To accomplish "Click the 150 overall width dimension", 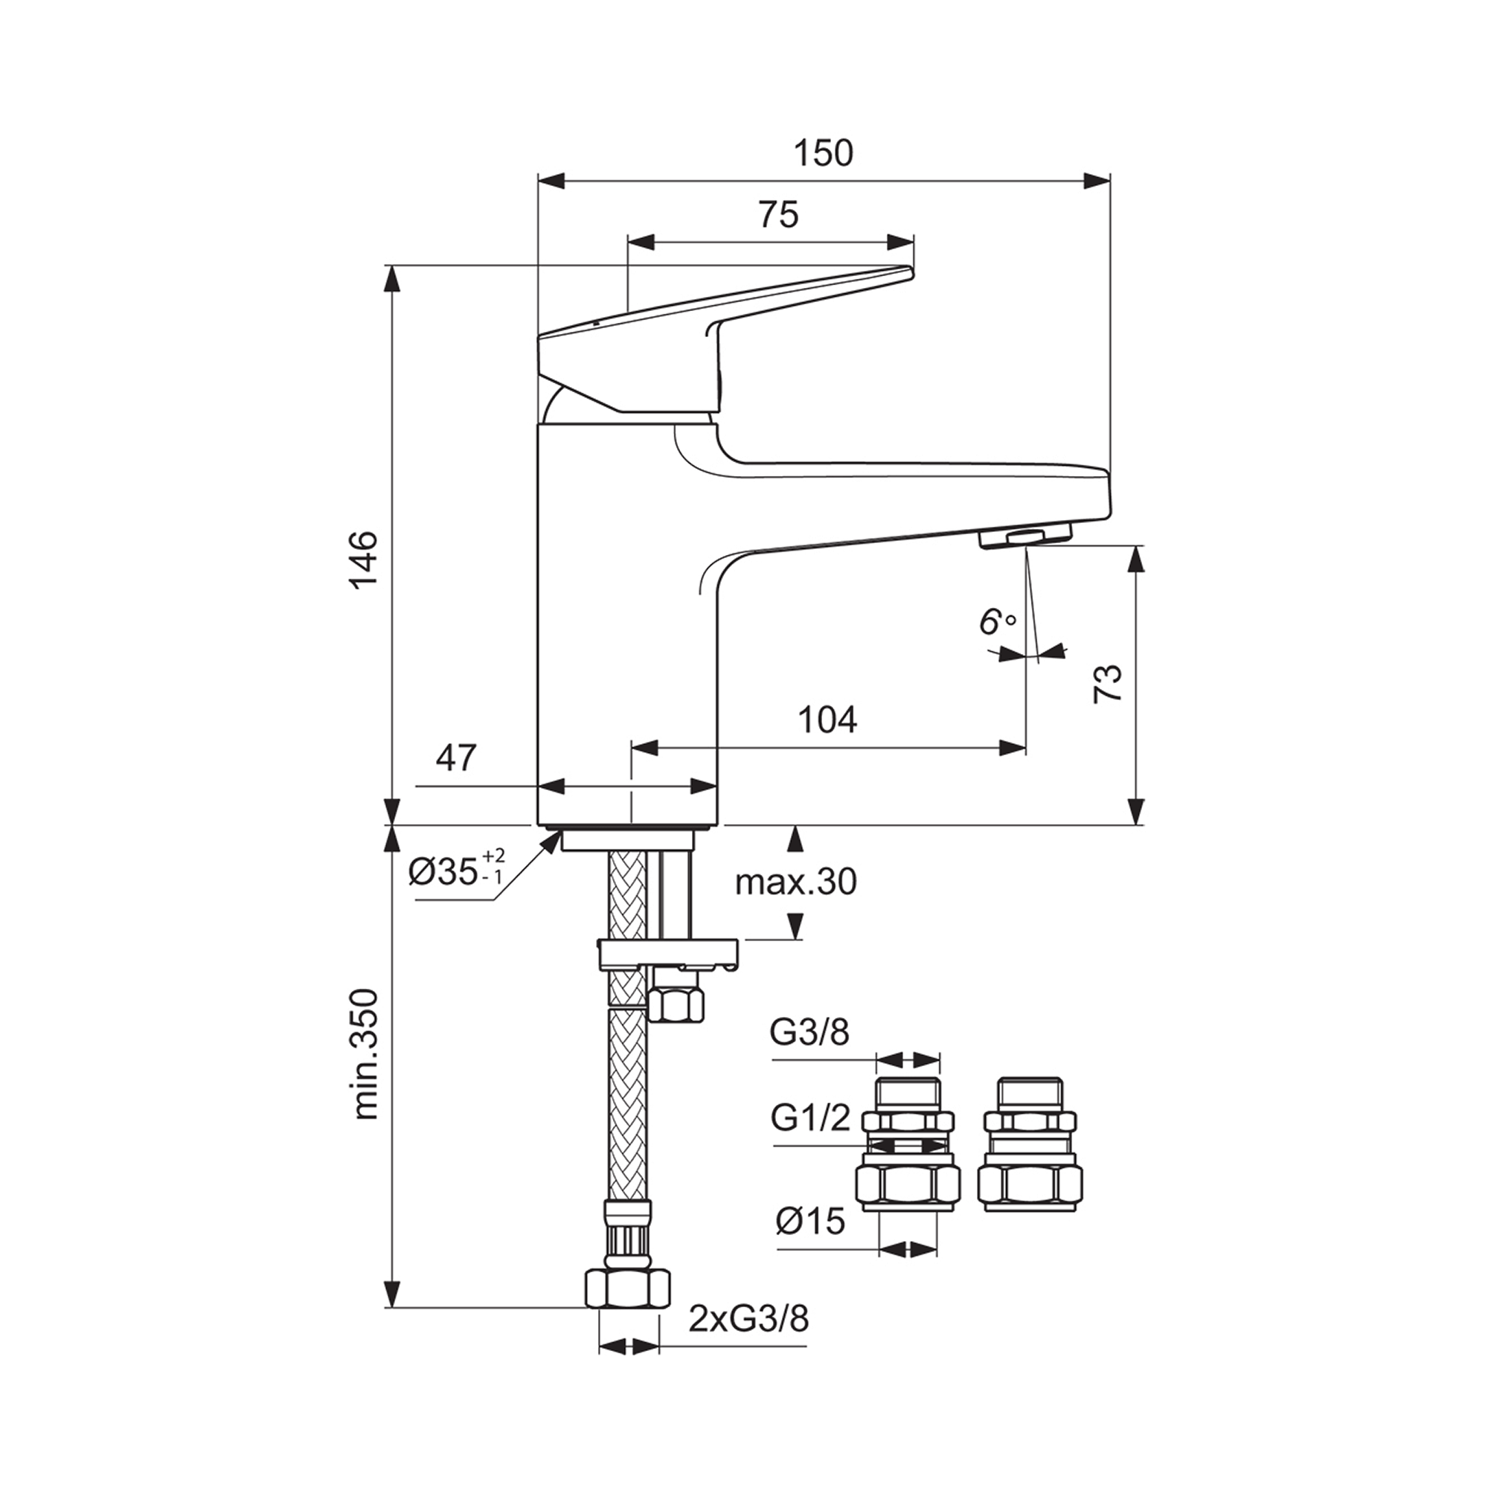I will tap(824, 153).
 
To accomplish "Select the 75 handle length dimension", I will tap(779, 216).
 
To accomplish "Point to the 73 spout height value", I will tap(1109, 682).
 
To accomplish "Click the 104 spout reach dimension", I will tap(827, 720).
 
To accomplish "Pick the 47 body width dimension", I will tap(456, 758).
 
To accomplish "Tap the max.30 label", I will tap(795, 882).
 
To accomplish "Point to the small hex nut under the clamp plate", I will tap(677, 1004).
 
